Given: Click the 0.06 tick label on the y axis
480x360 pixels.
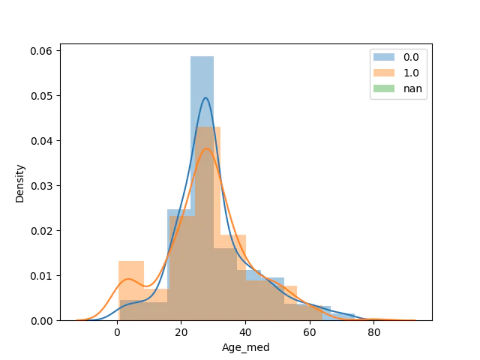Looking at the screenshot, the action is tap(41, 51).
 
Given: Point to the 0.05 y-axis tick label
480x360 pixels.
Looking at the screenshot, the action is tap(41, 96).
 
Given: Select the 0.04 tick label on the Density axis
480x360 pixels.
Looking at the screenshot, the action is tap(41, 141).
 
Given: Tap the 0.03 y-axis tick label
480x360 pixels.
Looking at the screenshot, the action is tap(41, 186).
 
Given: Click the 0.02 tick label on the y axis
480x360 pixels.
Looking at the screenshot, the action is tap(41, 231).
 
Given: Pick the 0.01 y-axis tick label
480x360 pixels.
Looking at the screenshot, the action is tap(41, 276).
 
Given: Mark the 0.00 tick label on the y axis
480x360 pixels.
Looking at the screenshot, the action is tap(41, 321).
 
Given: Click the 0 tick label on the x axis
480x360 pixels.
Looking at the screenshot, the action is tap(117, 332).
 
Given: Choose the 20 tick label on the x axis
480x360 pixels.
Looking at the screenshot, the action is tap(181, 332).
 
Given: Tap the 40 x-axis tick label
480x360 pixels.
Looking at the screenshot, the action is tap(245, 332).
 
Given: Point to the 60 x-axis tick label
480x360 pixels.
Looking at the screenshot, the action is tap(310, 332).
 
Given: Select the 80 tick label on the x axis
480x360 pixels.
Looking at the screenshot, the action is tap(373, 332).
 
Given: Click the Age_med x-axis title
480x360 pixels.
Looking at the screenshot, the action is tap(246, 347).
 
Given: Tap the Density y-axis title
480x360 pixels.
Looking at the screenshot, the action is tap(20, 184).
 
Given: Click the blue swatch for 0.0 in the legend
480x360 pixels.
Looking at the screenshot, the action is tap(384, 57).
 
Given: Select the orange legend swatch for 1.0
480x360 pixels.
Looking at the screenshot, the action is tap(384, 73).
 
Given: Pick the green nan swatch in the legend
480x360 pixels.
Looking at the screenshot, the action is tap(384, 88).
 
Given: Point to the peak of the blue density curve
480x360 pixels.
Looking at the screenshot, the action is tap(205, 97).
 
